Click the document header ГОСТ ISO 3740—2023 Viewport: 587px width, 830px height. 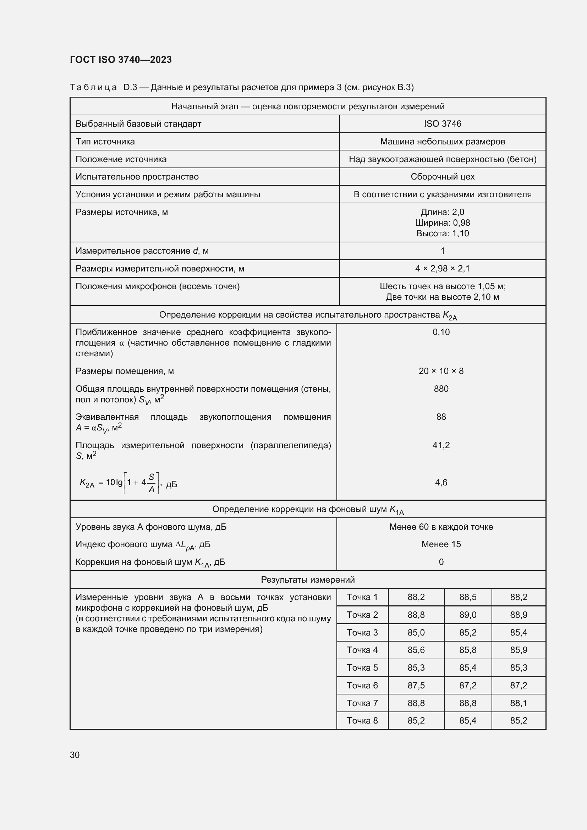[x=121, y=60]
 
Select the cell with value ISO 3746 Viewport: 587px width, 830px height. [x=443, y=123]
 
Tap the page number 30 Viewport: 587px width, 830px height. [x=75, y=755]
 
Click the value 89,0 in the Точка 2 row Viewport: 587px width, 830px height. [x=468, y=615]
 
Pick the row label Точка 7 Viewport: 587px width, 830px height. [x=362, y=703]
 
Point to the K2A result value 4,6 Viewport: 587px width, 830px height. [x=441, y=482]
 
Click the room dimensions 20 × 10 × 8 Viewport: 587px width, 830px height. [x=441, y=371]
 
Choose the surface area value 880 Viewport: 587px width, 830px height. [x=441, y=389]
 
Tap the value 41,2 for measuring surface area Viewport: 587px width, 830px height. [x=441, y=445]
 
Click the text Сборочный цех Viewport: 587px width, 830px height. [x=443, y=176]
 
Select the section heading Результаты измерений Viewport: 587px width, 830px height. [x=308, y=579]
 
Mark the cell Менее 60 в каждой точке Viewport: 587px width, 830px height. [x=441, y=527]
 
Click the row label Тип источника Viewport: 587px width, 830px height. [x=105, y=141]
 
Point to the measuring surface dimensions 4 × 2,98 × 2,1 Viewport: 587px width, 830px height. [x=443, y=268]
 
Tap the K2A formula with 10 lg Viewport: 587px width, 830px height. [x=128, y=483]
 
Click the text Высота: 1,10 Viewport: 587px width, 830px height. [x=443, y=233]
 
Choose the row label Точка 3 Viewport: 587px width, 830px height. [x=362, y=632]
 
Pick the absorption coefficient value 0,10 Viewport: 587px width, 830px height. [x=441, y=332]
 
